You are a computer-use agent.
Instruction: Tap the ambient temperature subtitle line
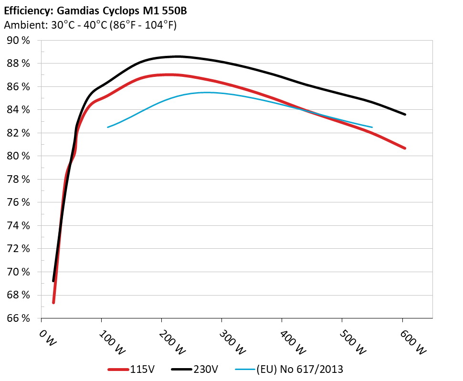pyautogui.click(x=90, y=25)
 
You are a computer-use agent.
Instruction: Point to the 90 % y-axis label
pyautogui.click(x=19, y=41)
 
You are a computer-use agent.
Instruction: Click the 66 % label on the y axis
pyautogui.click(x=19, y=318)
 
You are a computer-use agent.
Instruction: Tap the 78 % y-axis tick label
pyautogui.click(x=19, y=180)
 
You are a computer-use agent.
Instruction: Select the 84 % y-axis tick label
pyautogui.click(x=19, y=110)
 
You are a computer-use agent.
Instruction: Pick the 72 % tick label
pyautogui.click(x=19, y=249)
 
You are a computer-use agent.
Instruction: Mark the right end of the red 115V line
pyautogui.click(x=405, y=148)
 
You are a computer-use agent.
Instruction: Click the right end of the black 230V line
pyautogui.click(x=405, y=114)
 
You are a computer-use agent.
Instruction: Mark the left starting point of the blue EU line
pyautogui.click(x=108, y=127)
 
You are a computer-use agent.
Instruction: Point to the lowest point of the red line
pyautogui.click(x=53, y=302)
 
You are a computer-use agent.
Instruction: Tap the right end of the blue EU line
pyautogui.click(x=372, y=127)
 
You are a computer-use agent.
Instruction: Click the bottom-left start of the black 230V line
pyautogui.click(x=53, y=281)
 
